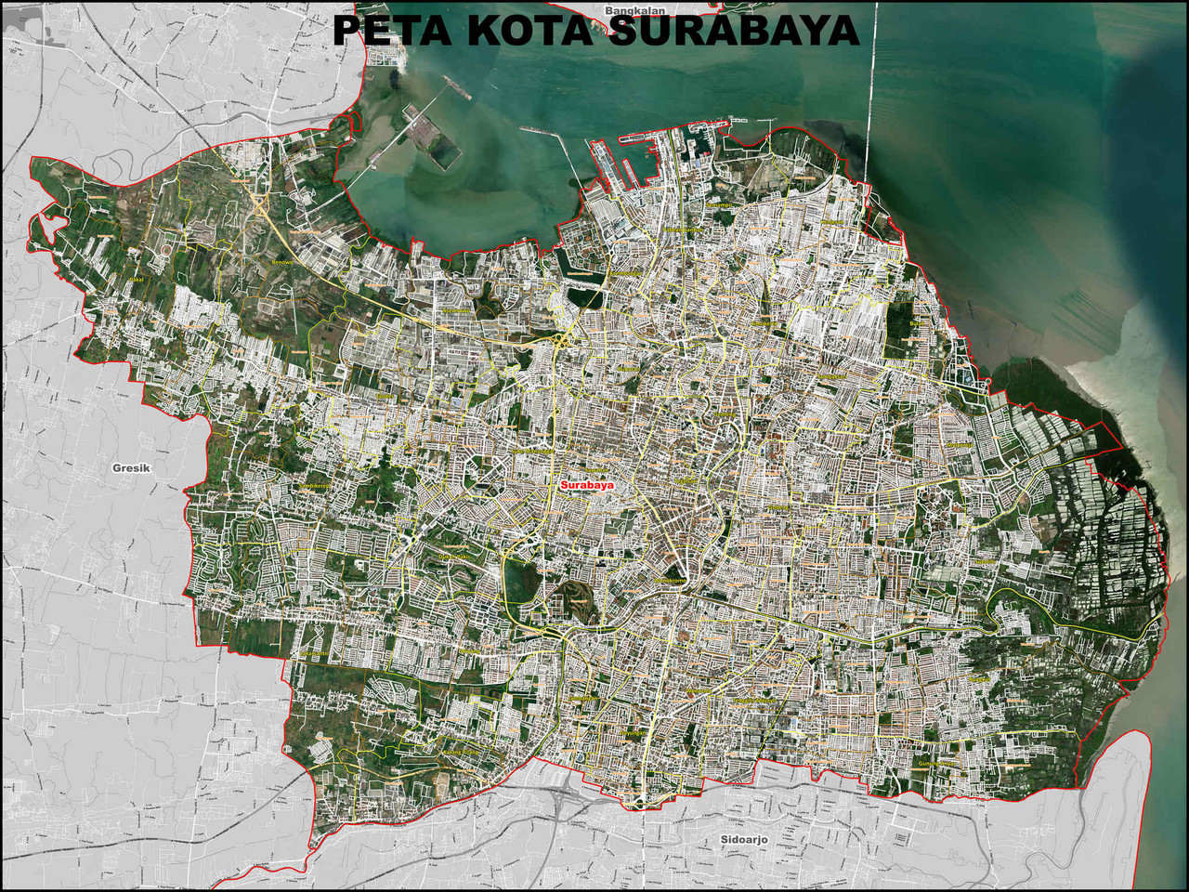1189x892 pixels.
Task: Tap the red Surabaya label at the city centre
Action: pyautogui.click(x=587, y=485)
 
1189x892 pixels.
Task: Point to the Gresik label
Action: pyautogui.click(x=131, y=468)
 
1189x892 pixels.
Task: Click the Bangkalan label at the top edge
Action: pyautogui.click(x=630, y=11)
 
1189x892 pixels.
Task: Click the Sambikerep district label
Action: pyautogui.click(x=316, y=486)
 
